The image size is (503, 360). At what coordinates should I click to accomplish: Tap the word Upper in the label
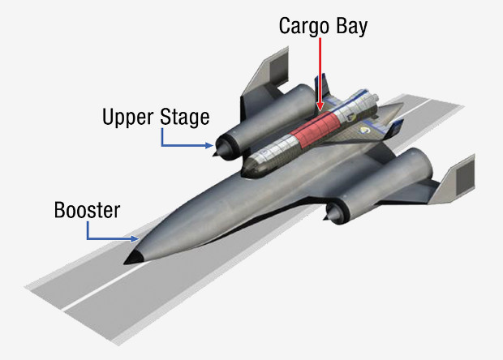(x=129, y=118)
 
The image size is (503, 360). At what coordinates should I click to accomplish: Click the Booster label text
(x=87, y=211)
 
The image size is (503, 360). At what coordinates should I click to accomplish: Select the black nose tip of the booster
(x=131, y=260)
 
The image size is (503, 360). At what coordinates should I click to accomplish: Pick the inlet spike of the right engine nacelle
(x=329, y=215)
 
